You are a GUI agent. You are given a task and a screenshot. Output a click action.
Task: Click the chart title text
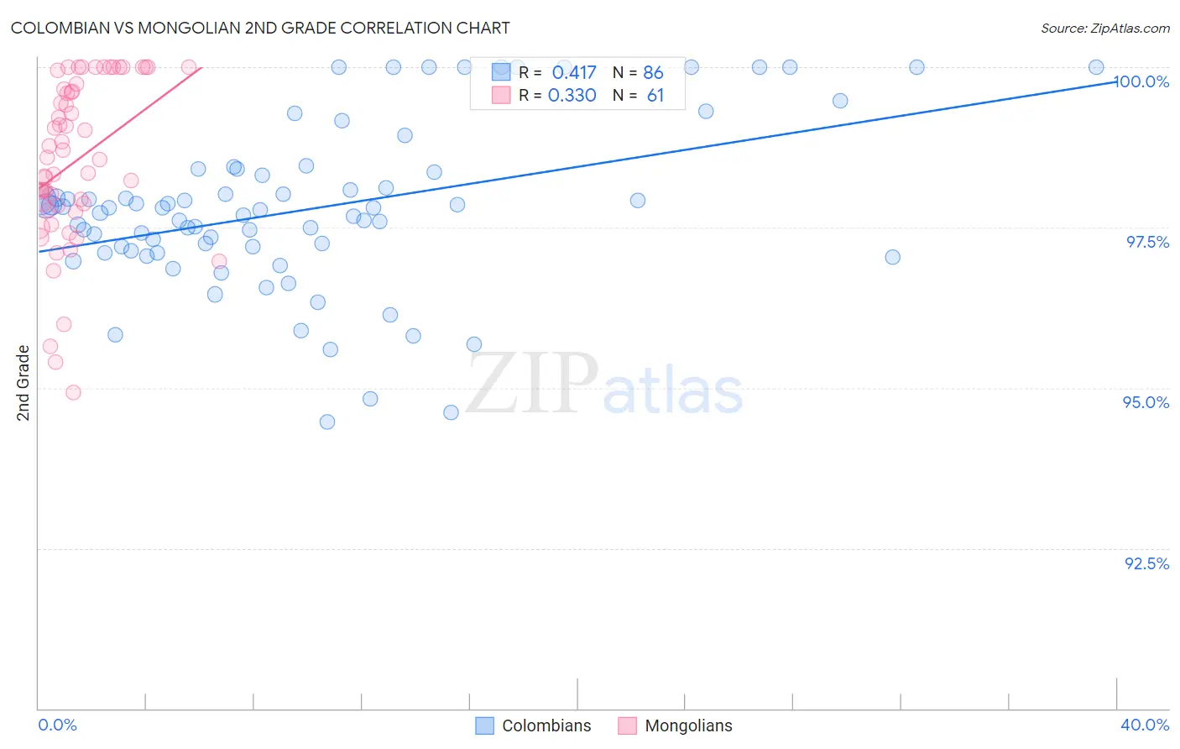point(260,28)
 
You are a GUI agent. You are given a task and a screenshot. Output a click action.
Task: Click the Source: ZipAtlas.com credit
point(1104,28)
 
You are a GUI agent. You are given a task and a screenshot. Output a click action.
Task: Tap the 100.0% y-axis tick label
point(1141,81)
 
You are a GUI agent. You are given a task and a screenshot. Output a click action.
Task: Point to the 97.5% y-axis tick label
point(1147,242)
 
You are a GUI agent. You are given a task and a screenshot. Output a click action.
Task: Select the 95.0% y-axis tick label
point(1146,402)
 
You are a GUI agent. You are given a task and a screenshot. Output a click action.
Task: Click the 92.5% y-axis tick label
point(1146,563)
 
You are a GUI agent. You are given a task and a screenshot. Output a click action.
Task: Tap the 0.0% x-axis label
point(57,725)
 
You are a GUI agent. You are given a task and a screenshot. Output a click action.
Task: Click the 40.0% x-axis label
point(1145,725)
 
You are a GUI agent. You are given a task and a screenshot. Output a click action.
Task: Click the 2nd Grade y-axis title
point(23,382)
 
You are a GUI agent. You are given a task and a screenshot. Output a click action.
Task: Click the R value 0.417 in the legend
point(574,73)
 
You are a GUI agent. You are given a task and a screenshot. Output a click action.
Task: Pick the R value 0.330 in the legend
point(572,96)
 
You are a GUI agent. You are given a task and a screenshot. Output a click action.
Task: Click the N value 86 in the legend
point(653,73)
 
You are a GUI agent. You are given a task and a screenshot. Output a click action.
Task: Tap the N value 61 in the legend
point(655,96)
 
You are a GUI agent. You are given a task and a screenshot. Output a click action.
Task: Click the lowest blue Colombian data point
point(327,422)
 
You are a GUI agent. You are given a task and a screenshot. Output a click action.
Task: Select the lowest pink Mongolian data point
point(73,392)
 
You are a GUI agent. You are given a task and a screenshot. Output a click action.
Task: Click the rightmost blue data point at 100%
point(1096,67)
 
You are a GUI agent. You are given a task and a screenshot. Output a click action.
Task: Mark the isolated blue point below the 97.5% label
point(892,257)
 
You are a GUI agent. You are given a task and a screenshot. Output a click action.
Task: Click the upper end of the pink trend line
point(201,67)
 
